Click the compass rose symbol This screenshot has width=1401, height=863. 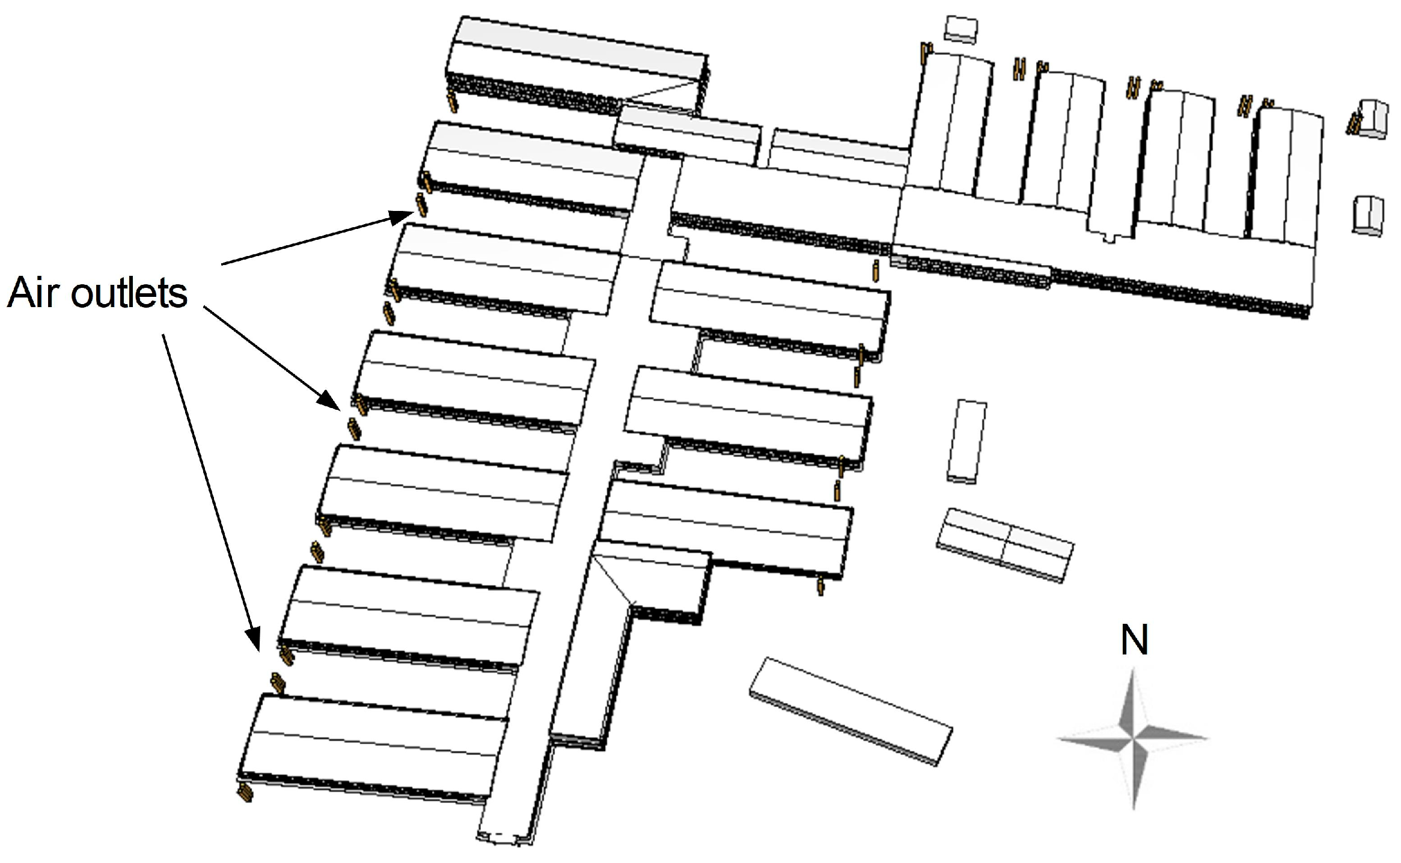tap(1133, 738)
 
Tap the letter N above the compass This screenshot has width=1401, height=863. tap(1134, 640)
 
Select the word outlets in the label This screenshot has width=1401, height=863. tap(129, 293)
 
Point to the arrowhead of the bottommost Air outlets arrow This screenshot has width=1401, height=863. tap(254, 641)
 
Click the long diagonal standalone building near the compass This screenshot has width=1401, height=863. tap(850, 711)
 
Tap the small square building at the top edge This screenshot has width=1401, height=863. tap(961, 29)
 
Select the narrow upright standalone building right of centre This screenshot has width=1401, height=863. tap(967, 440)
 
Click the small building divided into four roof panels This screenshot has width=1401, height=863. tap(1006, 543)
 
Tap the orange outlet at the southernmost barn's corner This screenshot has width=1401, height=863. tap(245, 793)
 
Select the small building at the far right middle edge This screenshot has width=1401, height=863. tap(1368, 215)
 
